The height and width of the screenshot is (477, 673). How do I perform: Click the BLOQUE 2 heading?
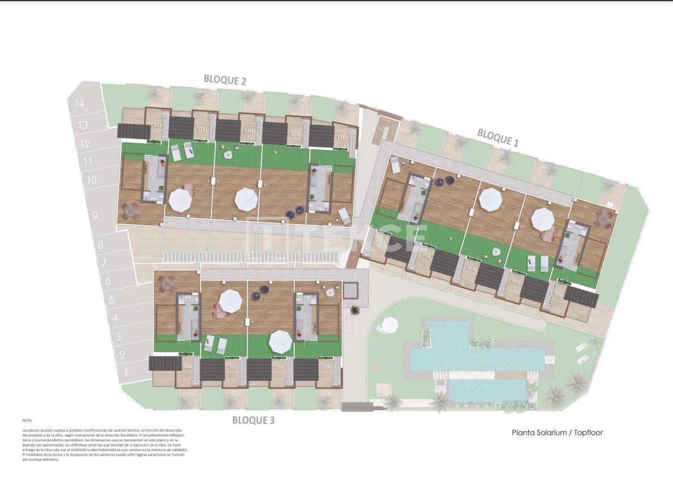pos(225,80)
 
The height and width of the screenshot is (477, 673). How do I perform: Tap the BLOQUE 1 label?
pos(497,137)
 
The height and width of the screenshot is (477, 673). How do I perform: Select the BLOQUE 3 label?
pos(253,420)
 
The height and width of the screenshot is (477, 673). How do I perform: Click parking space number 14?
pos(79,104)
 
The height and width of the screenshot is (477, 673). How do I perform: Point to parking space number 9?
pos(94,215)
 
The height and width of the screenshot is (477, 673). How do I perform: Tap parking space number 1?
pos(126,372)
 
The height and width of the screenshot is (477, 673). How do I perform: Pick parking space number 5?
pos(111,300)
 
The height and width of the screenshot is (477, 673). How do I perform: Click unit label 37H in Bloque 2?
pos(248,131)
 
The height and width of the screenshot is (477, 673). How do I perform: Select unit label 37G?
pos(294,135)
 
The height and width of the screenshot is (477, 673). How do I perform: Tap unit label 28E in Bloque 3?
pos(326,367)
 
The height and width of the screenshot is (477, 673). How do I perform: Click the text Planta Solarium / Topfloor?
pos(557,433)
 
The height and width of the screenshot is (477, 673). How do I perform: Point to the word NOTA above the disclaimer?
pos(28,421)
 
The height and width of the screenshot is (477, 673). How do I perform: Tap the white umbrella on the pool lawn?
pos(390,325)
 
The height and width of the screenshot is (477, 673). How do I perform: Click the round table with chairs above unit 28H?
pos(167,283)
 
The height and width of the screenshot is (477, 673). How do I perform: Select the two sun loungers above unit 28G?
pos(215,344)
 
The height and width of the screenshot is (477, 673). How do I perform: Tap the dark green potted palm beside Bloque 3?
pos(355,310)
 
